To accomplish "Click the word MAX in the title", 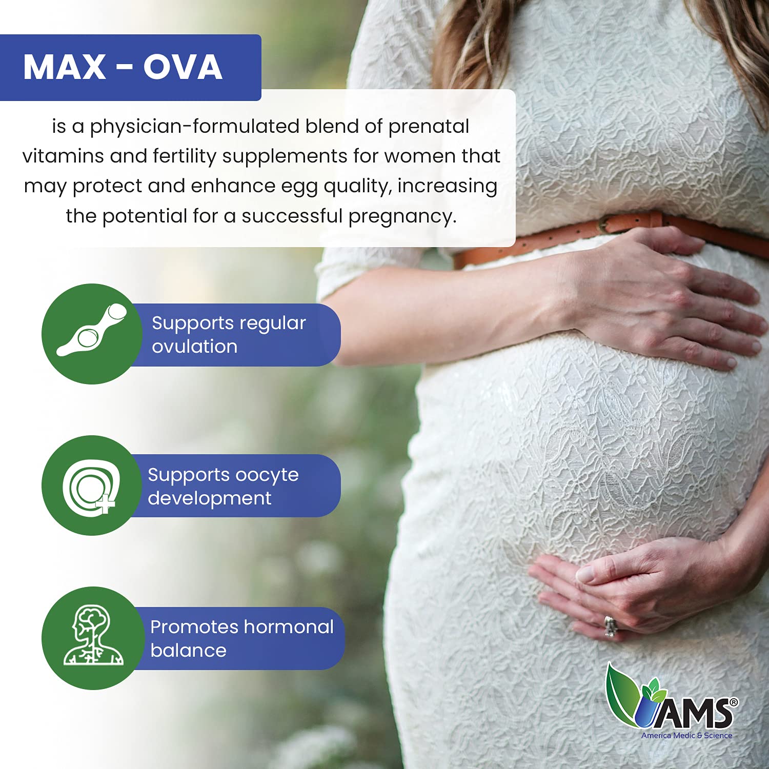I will (65, 67).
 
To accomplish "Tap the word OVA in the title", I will (183, 67).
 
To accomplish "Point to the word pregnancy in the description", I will (402, 216).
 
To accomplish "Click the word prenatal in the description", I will (429, 127).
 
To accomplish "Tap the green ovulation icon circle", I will (92, 334).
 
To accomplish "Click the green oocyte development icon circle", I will (92, 485).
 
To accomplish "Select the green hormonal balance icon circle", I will (93, 638).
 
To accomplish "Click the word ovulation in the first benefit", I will (195, 347).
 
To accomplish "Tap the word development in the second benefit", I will (210, 498).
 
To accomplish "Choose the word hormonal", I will (289, 626).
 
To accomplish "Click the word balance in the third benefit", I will (188, 650).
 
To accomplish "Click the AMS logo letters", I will (699, 713).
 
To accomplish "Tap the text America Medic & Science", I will (686, 735).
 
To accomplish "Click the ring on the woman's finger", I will (610, 625).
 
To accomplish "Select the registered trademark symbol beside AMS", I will (734, 702).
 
